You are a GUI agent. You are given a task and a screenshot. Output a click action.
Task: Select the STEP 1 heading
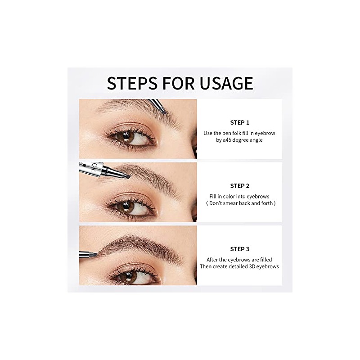[239, 122]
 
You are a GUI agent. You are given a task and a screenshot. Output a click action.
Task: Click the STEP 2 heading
[239, 186]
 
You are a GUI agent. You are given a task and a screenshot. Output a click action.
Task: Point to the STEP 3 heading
[239, 249]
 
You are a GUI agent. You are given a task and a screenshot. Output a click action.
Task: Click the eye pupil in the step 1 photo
[129, 138]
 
